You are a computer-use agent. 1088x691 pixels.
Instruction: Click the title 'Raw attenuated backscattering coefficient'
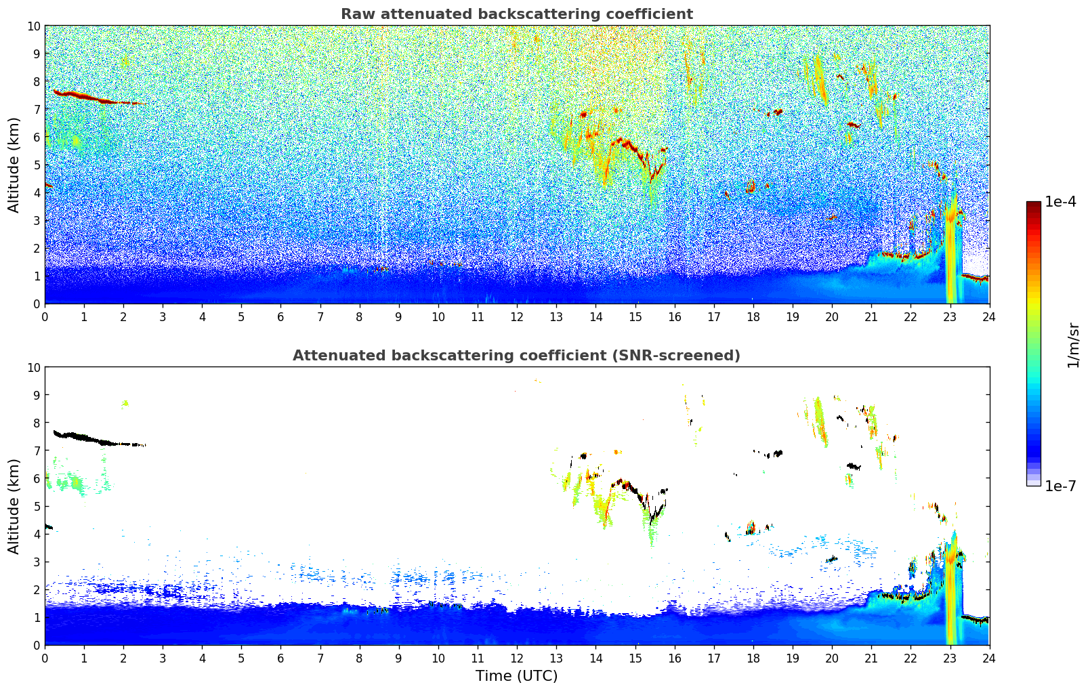tap(516, 14)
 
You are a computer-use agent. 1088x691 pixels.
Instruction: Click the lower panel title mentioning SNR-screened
tap(516, 356)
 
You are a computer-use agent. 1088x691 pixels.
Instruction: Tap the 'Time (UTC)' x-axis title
tap(516, 675)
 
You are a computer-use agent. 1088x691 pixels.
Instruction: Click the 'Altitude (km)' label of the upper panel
tap(14, 165)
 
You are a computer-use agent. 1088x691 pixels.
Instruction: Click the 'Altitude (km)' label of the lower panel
tap(14, 506)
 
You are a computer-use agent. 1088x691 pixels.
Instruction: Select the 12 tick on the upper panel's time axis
tap(517, 316)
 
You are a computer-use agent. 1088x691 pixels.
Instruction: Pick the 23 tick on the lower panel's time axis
tap(950, 658)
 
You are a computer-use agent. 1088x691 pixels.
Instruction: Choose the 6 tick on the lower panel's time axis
tap(281, 658)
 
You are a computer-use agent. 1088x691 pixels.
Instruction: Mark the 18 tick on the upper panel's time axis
tap(753, 316)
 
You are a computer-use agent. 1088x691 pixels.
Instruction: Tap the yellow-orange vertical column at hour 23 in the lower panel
tap(951, 596)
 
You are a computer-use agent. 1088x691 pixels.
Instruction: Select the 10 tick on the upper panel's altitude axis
tap(34, 26)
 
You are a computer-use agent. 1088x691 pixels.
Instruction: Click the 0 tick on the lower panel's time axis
tap(45, 658)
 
